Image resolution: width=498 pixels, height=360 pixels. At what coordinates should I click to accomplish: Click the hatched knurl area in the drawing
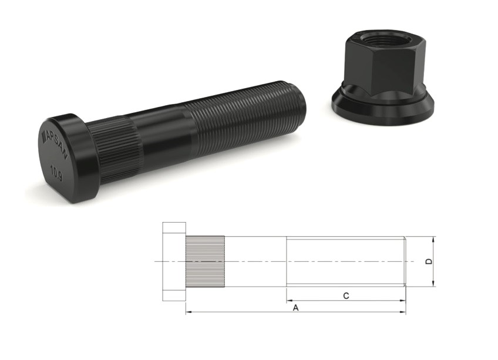[x=205, y=261]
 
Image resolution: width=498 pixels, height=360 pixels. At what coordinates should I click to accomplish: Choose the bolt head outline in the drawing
[x=174, y=261]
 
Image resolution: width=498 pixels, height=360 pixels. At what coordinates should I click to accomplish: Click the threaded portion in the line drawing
[x=345, y=261]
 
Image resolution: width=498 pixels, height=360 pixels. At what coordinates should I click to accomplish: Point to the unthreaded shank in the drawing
[x=255, y=261]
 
